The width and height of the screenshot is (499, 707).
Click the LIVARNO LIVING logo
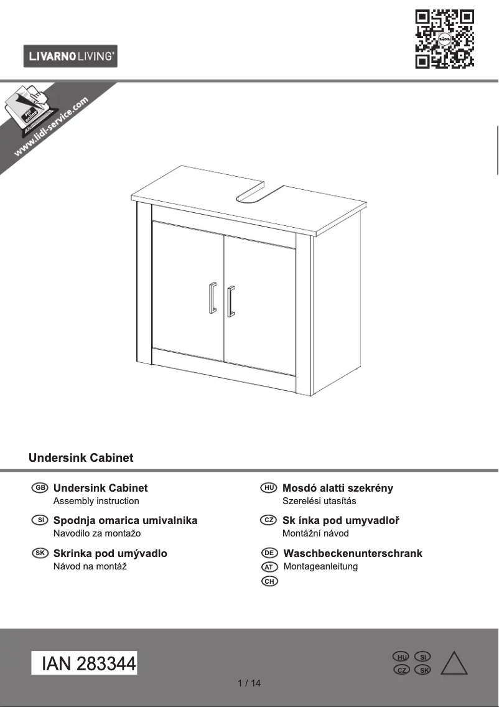[70, 57]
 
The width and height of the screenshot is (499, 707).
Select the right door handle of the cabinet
[231, 301]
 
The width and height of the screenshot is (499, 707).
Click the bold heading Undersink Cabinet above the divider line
[81, 458]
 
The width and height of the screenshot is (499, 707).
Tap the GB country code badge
[39, 488]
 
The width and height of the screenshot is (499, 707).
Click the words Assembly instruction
[96, 501]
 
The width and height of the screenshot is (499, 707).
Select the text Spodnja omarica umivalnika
[125, 520]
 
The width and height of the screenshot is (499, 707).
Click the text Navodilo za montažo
[97, 533]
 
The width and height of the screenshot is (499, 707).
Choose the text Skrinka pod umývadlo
[110, 553]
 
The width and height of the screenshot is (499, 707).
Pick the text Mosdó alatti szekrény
[338, 488]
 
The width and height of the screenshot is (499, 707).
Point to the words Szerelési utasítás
[319, 501]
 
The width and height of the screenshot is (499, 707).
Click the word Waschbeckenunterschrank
[353, 553]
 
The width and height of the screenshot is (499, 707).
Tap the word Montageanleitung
[320, 566]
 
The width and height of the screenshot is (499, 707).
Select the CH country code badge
[269, 581]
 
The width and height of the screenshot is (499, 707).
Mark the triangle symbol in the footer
[454, 664]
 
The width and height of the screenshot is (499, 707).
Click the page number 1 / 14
[250, 683]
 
